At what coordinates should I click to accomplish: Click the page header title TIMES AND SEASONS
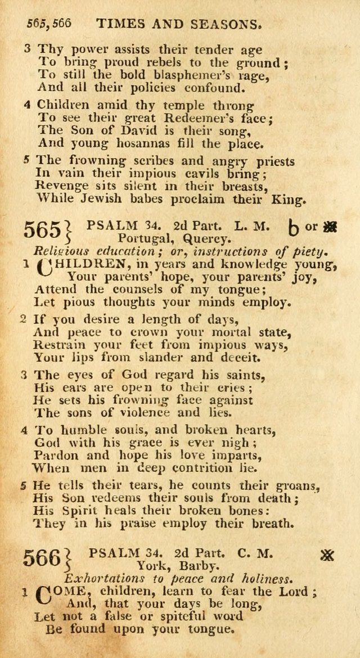[x=179, y=24]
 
